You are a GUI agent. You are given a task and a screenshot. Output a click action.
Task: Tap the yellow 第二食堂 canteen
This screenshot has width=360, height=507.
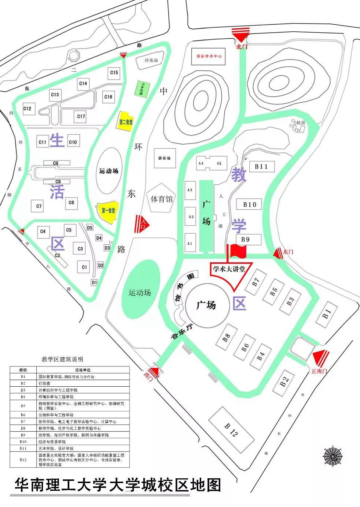[125, 122]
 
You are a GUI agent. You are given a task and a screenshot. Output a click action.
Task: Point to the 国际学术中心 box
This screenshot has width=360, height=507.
[208, 56]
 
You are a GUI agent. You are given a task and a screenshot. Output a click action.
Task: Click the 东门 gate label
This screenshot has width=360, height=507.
[288, 252]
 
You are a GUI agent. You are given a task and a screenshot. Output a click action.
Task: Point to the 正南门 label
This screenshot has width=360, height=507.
[319, 371]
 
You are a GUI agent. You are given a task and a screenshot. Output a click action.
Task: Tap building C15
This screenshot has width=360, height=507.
[114, 73]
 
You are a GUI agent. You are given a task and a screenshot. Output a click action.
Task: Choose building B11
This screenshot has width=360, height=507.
[261, 167]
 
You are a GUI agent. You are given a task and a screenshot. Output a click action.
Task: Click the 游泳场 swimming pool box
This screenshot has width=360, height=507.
[164, 158]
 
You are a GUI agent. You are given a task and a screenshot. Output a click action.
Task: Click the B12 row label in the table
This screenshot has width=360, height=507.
[23, 460]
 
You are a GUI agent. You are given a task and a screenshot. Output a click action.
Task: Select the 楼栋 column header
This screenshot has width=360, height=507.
[23, 370]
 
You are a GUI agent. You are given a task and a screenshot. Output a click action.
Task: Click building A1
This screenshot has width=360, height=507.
[190, 243]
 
